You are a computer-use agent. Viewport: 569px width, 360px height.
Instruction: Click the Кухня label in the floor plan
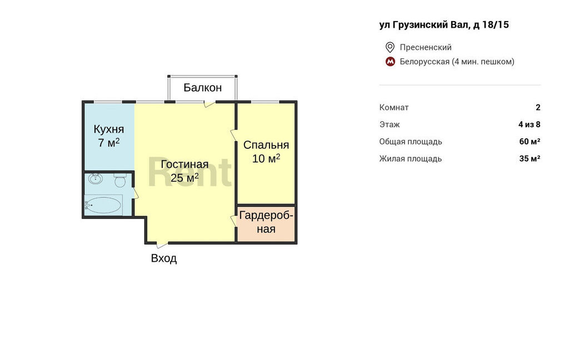109,129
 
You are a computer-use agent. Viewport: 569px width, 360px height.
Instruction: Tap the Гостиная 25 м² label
184,171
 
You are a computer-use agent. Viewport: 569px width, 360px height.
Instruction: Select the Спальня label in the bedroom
266,145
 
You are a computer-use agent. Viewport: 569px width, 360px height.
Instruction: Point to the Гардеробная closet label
266,222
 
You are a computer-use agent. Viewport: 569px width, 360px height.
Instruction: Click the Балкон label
202,87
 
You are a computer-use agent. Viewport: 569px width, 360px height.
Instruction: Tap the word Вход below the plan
164,258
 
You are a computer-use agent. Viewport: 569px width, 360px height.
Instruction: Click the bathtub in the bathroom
103,205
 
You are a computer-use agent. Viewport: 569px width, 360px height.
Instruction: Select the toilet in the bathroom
120,179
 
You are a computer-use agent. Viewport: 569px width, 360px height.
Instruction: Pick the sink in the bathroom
96,178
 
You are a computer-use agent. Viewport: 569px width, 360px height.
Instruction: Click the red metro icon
390,62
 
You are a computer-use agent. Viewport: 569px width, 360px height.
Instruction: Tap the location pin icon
390,47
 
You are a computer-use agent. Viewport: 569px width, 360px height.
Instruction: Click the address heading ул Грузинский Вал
424,24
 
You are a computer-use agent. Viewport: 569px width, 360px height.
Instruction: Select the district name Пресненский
426,47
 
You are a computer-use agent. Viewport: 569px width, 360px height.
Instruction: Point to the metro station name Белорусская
425,62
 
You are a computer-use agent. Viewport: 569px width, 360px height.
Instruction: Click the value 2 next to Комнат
538,107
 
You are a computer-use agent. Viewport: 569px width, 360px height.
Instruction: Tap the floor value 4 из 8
530,124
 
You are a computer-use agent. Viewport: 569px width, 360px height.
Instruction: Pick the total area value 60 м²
530,142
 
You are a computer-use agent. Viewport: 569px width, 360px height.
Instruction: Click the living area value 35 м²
530,158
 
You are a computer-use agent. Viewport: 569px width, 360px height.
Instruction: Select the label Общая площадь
411,142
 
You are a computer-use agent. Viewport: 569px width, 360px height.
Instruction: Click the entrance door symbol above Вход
162,244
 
